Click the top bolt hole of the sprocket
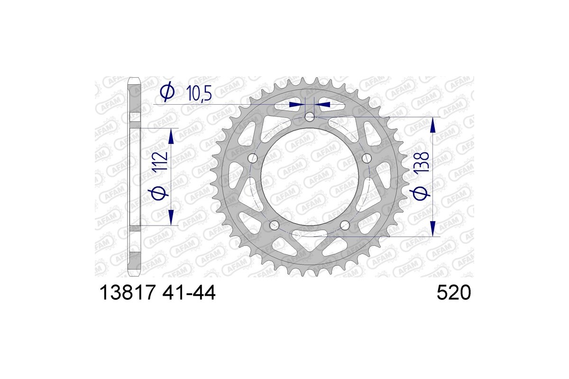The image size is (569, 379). [309, 117]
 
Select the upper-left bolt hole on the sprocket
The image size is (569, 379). [252, 158]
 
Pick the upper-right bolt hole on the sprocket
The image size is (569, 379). [366, 158]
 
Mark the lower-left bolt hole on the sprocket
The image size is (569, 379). [274, 225]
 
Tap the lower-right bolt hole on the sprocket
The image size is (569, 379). [345, 225]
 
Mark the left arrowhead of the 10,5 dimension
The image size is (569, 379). [296, 104]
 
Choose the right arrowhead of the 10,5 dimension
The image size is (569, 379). [323, 104]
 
